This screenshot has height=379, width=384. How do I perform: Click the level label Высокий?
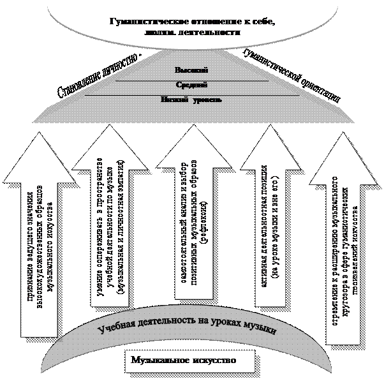pyautogui.click(x=191, y=70)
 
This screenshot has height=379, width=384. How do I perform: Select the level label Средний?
pyautogui.click(x=191, y=84)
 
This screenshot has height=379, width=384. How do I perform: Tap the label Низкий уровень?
pyautogui.click(x=191, y=99)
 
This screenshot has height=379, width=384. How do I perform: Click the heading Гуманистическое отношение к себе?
pyautogui.click(x=191, y=24)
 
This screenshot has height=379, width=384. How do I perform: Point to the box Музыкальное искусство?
pyautogui.click(x=183, y=360)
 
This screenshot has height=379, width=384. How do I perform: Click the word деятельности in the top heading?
pyautogui.click(x=212, y=34)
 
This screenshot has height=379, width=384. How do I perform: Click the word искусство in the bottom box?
pyautogui.click(x=214, y=360)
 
